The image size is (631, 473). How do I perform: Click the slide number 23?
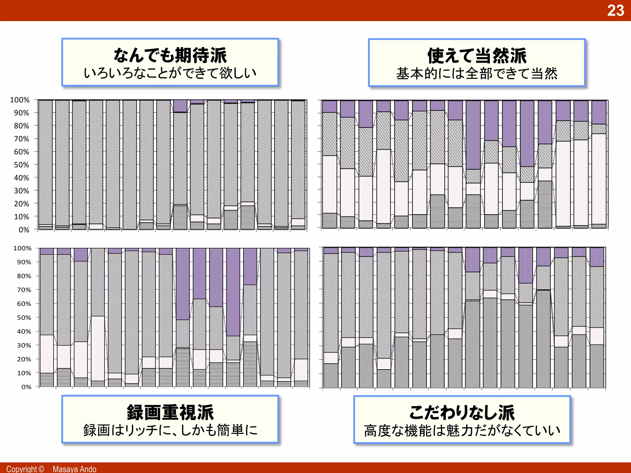click(615, 10)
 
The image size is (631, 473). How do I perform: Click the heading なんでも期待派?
click(170, 55)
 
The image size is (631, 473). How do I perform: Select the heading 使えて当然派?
click(477, 56)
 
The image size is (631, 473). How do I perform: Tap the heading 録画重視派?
click(170, 413)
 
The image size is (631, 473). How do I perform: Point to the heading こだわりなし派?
click(462, 413)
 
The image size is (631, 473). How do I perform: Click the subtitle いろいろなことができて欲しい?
click(170, 73)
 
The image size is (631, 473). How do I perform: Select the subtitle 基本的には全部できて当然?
click(477, 74)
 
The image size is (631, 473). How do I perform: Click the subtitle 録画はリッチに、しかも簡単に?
click(170, 430)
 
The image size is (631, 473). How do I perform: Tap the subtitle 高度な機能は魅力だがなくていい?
click(462, 431)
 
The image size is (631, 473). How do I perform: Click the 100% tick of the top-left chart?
click(20, 100)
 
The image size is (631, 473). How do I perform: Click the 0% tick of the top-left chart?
click(24, 230)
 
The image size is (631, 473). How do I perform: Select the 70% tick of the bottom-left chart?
click(24, 290)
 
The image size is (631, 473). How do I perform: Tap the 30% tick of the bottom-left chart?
click(24, 345)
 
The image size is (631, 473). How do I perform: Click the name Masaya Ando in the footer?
click(74, 469)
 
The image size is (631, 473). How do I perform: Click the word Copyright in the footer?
click(21, 469)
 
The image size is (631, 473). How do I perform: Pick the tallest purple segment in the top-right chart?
click(473, 135)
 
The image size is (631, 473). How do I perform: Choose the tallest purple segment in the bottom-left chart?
click(233, 292)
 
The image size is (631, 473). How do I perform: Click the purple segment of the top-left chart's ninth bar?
click(180, 106)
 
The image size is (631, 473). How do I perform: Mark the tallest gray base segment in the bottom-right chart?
click(543, 339)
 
